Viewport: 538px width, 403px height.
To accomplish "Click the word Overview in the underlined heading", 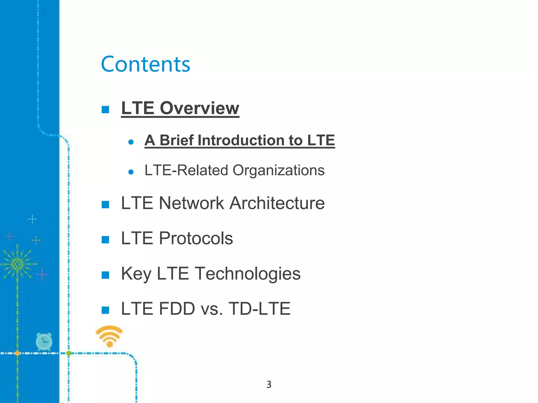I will click(199, 108).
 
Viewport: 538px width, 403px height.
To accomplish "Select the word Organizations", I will click(278, 170).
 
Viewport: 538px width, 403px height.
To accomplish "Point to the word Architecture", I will click(277, 203).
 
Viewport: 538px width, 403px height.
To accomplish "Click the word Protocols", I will click(196, 238).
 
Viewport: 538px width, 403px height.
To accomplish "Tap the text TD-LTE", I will click(259, 309).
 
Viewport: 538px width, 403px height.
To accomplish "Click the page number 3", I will click(269, 384).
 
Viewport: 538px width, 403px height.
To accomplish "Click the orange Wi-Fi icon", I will click(109, 336).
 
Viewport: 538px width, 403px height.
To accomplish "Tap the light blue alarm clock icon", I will click(44, 342).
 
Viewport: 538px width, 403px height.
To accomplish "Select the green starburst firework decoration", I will click(18, 264).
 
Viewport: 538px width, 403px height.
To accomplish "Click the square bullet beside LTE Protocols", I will click(105, 240).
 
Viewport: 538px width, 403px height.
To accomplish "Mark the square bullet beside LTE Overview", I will click(105, 109).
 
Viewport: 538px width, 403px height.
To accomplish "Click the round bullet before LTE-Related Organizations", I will click(131, 172).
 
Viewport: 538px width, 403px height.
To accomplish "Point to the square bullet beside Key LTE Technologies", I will click(105, 275).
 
